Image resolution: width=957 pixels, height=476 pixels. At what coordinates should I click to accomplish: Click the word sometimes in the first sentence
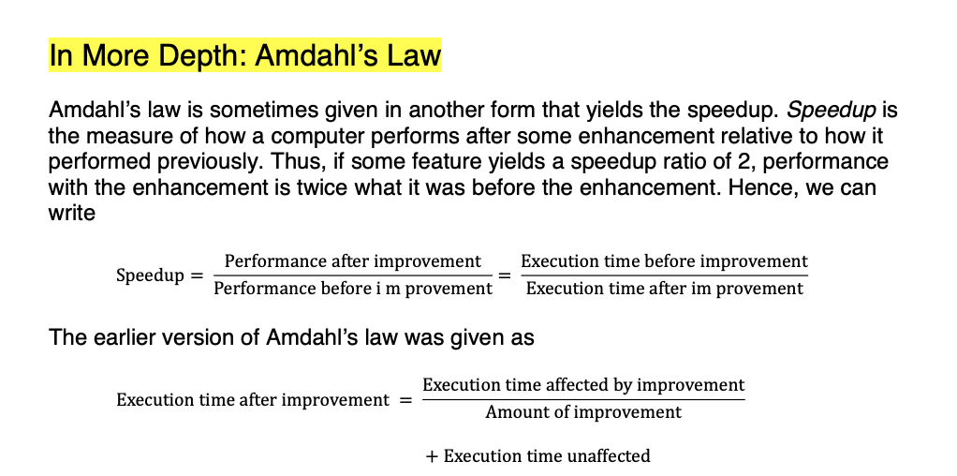click(233, 111)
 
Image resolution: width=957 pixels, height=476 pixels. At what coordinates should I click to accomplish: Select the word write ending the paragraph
click(72, 213)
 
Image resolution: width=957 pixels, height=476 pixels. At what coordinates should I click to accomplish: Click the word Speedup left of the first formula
click(150, 275)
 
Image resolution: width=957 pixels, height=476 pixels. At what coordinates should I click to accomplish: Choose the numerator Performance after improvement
click(352, 261)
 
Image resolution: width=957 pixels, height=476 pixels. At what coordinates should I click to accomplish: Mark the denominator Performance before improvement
click(352, 289)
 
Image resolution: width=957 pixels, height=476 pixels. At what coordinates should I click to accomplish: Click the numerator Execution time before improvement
click(664, 261)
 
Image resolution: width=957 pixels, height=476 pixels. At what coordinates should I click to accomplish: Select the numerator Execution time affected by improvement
click(583, 385)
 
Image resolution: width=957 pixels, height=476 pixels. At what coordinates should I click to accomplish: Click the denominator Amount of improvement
click(583, 412)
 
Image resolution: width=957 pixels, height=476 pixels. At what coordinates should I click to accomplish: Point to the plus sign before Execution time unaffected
click(431, 456)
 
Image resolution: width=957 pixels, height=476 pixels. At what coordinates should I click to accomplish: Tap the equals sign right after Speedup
click(196, 275)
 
